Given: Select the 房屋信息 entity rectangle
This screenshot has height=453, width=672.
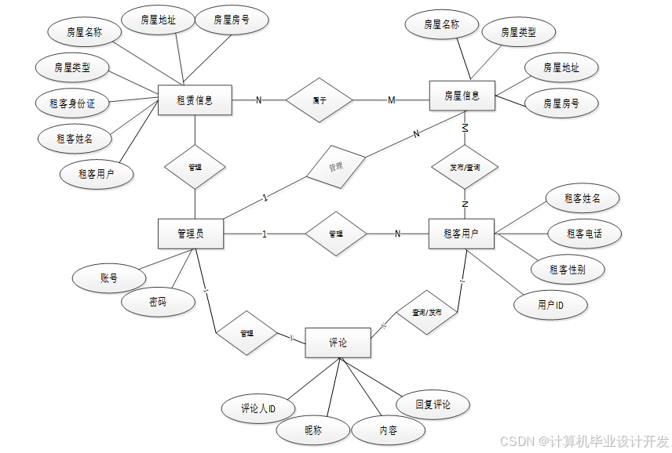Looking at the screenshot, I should pyautogui.click(x=462, y=96).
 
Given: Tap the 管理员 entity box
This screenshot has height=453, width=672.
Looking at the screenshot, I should pyautogui.click(x=191, y=234).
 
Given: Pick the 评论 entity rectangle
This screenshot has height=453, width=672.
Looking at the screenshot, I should pyautogui.click(x=338, y=343).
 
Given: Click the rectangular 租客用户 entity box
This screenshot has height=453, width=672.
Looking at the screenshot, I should pyautogui.click(x=462, y=234).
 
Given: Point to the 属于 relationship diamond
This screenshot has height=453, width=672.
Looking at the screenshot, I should pyautogui.click(x=320, y=100).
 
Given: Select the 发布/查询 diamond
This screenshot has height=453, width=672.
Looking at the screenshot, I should pyautogui.click(x=465, y=168).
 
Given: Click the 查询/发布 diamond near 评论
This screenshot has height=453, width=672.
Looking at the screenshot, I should pyautogui.click(x=427, y=312).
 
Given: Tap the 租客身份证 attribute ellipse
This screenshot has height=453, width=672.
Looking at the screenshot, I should pyautogui.click(x=72, y=103).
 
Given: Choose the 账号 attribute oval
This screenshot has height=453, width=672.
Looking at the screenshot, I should pyautogui.click(x=108, y=278).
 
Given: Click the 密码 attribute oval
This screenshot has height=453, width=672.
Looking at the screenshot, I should pyautogui.click(x=158, y=302).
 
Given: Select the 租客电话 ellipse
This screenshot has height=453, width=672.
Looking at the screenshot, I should pyautogui.click(x=583, y=233).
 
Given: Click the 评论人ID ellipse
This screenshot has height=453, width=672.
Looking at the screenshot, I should pyautogui.click(x=257, y=408).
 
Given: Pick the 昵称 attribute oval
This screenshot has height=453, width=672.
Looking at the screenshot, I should pyautogui.click(x=313, y=430).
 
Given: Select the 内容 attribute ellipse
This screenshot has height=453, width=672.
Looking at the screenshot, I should pyautogui.click(x=388, y=430).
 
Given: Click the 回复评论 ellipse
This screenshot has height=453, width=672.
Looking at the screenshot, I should pyautogui.click(x=433, y=405).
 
